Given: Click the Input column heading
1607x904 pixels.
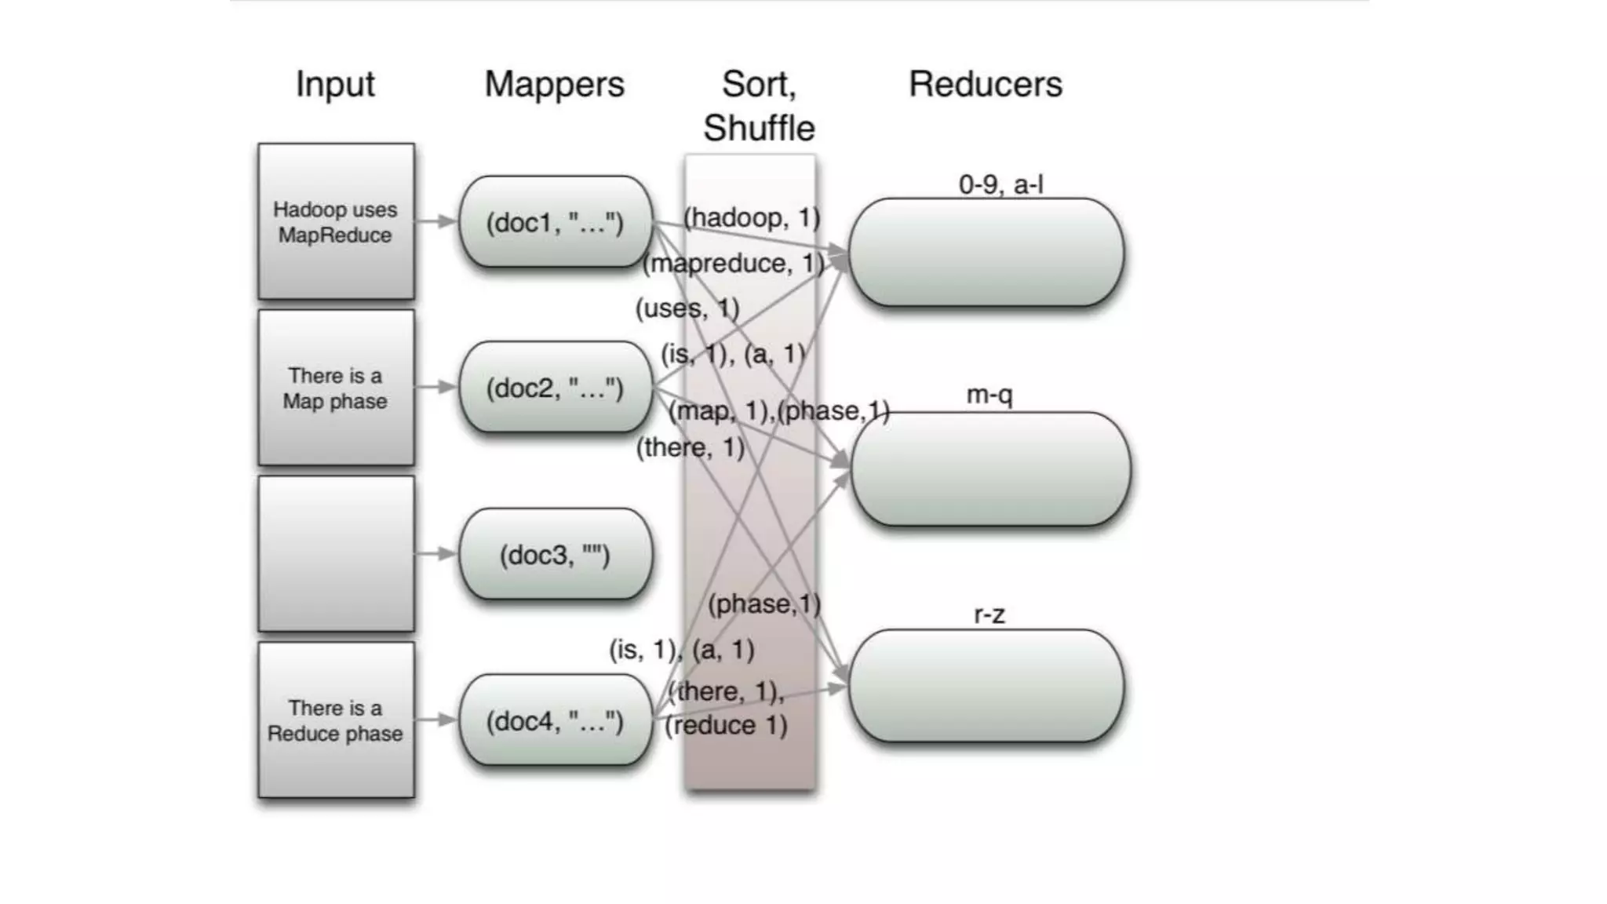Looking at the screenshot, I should point(335,84).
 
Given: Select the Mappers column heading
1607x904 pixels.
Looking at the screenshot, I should point(554,84).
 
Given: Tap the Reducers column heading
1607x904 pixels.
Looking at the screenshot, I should point(985,84).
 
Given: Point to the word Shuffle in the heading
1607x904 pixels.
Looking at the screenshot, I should point(759,128).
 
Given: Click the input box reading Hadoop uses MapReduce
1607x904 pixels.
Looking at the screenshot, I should point(336,221).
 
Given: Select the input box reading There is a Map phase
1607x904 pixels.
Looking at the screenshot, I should point(336,388).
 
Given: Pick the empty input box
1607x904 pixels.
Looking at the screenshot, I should point(336,553).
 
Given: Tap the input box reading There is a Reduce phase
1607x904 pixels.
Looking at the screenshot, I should point(336,720).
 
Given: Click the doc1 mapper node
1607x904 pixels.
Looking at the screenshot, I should point(555,222).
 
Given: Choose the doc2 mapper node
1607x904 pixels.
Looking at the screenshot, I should point(555,388).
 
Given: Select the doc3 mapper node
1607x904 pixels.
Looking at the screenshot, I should point(555,555).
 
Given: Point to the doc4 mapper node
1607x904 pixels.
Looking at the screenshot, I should point(555,720).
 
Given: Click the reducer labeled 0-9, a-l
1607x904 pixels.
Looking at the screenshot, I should point(986,252).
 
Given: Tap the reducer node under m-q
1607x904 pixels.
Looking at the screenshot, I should point(990,468).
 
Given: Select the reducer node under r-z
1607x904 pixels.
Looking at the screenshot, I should point(986,686).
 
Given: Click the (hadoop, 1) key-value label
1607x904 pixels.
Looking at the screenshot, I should point(752,217).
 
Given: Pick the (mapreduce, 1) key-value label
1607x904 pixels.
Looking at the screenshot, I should point(734,263).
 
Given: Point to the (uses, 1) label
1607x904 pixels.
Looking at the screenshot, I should point(687,308).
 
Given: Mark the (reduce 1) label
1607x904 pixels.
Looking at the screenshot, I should point(726,725).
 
